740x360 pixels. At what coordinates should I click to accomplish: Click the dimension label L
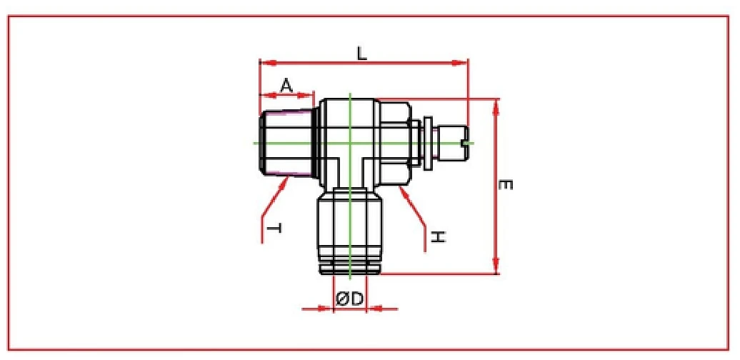(x=362, y=53)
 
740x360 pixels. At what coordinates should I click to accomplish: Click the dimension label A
(x=286, y=86)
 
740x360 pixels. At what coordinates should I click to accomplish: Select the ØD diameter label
(x=350, y=300)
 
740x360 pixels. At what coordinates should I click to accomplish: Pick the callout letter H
(x=438, y=235)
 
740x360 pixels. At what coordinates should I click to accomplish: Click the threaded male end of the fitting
(x=286, y=143)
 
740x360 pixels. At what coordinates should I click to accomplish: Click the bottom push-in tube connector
(x=350, y=232)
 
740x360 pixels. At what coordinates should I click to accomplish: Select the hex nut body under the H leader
(x=394, y=143)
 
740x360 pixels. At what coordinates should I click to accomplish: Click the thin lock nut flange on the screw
(x=427, y=143)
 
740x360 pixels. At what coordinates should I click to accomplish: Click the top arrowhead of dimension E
(x=496, y=104)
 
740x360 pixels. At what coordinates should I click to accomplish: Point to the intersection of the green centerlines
(x=350, y=143)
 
